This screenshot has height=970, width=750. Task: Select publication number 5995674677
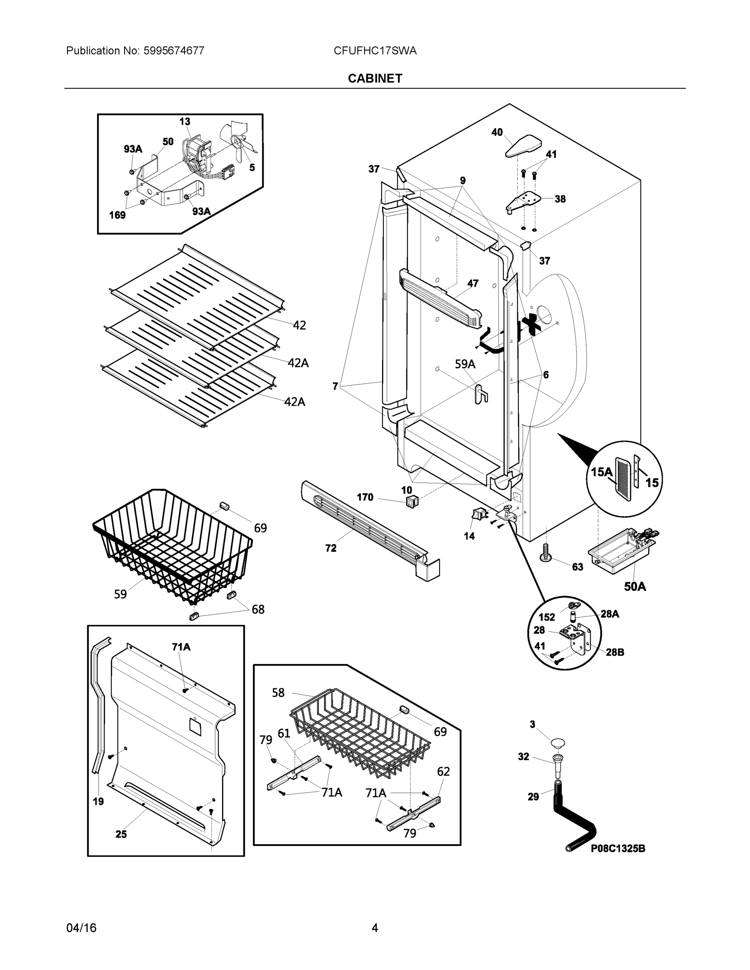pos(135,51)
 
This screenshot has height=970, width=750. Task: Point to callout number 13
pos(185,121)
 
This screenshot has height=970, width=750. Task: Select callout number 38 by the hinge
pos(560,199)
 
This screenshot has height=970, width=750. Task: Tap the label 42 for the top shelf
pos(299,325)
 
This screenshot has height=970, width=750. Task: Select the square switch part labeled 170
pos(412,502)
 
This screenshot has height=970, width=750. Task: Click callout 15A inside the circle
pos(602,472)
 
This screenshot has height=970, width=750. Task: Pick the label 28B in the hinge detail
pos(615,652)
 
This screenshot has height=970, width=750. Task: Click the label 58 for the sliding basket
pos(278,692)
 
